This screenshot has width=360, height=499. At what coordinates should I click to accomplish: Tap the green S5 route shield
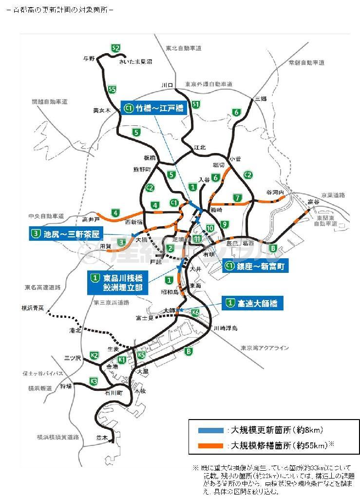tap(113, 89)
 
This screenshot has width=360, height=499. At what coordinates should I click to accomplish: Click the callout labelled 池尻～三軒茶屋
tap(65, 234)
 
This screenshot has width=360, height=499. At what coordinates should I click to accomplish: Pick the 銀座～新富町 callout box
tap(256, 266)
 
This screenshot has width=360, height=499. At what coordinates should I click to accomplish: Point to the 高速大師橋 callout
tap(252, 303)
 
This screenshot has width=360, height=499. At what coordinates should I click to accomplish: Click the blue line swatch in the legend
tap(211, 430)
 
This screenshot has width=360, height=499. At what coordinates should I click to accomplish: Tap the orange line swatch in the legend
tap(211, 445)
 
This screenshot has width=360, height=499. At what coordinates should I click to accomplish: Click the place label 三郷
tap(261, 99)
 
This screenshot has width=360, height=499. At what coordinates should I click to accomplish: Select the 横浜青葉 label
tap(33, 308)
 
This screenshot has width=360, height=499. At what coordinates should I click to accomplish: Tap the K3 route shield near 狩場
tap(94, 381)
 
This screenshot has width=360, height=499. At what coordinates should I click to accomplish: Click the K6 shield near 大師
tap(195, 312)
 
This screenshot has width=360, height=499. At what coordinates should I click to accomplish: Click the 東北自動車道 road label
tap(183, 48)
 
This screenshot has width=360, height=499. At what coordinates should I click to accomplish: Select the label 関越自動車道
tap(49, 102)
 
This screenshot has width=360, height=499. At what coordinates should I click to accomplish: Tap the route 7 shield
tap(237, 198)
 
